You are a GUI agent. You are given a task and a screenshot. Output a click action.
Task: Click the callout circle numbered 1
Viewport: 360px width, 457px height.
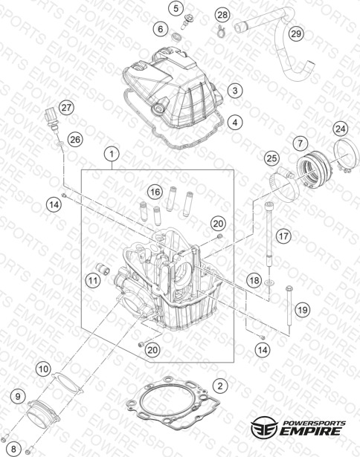tap(112, 154)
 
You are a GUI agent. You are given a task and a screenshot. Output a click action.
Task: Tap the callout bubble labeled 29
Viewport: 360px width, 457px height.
tap(296, 33)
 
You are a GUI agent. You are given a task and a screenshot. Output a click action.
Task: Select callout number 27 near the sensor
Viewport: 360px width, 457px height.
tap(66, 108)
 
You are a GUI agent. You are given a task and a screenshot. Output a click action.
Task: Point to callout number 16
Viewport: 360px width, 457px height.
tap(155, 192)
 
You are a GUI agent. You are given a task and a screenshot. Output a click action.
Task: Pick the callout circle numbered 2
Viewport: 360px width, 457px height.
tap(220, 386)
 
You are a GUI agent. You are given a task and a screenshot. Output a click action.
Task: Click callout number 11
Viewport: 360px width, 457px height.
tap(93, 281)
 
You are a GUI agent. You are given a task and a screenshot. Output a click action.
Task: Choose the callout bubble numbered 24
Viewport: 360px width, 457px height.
tap(341, 129)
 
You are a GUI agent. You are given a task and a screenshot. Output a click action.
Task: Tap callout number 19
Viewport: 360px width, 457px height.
tap(303, 310)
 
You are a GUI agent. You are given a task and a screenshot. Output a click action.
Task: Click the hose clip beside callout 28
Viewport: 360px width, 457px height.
tap(222, 31)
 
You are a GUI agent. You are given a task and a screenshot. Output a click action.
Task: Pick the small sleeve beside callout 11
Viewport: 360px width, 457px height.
tap(103, 268)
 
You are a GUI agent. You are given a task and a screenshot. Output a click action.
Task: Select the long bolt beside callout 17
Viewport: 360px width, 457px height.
tap(269, 236)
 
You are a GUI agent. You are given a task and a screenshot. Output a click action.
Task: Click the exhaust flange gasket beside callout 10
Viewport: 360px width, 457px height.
tap(67, 383)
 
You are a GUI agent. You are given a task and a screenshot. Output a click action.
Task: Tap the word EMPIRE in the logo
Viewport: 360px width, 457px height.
tap(310, 431)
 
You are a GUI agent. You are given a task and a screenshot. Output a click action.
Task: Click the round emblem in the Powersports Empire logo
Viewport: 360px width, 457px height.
tap(264, 427)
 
